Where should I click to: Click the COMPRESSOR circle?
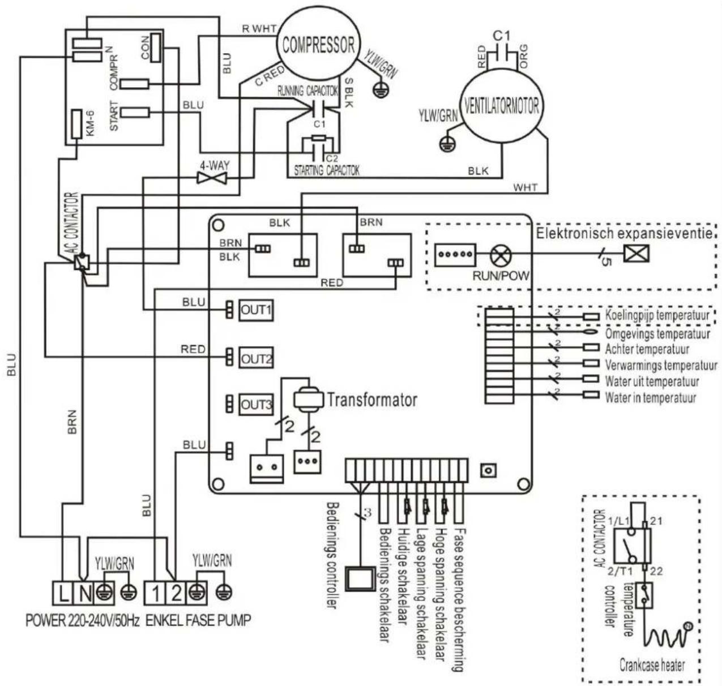coord(318,45)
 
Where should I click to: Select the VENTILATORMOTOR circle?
coord(501,106)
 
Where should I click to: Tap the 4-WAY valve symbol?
coord(212,178)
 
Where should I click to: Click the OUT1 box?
coord(256,310)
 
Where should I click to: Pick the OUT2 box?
coord(256,359)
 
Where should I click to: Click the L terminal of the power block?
coord(63,594)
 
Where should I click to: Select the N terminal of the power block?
coord(85,594)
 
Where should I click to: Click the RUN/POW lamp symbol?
coord(500,256)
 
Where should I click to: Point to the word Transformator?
coord(372,400)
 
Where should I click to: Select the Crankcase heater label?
coord(652,664)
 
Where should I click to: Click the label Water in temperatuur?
coord(650,398)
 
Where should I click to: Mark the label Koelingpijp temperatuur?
coord(657,315)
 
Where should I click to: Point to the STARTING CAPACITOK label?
coord(326,170)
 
